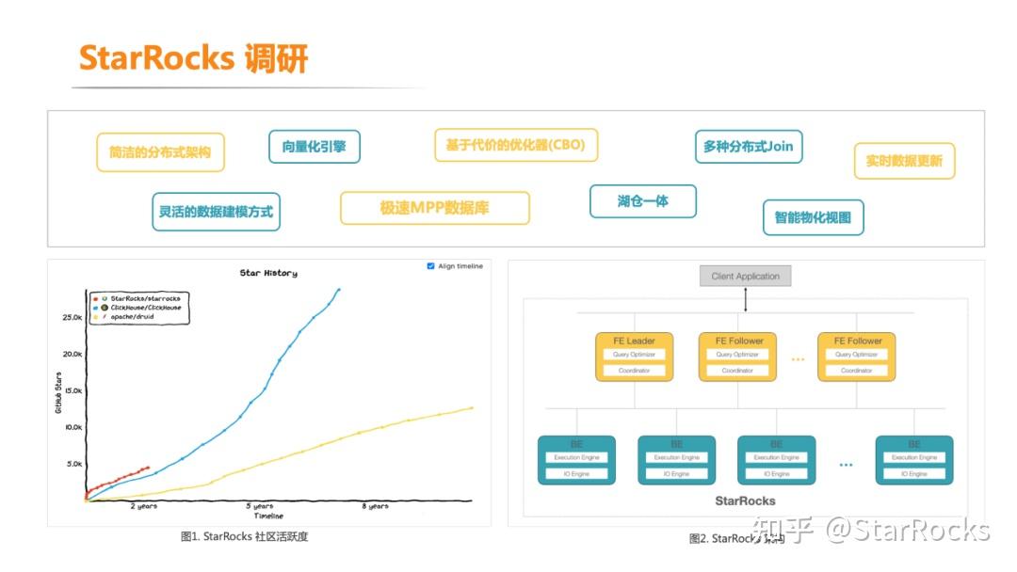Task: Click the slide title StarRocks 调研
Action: [193, 58]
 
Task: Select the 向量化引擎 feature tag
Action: [315, 147]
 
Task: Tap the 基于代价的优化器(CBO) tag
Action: [515, 145]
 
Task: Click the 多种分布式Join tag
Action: [748, 147]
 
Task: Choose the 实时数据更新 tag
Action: [904, 161]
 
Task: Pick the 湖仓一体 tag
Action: [642, 201]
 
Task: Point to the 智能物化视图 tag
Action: [813, 217]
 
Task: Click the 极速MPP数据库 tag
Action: [434, 208]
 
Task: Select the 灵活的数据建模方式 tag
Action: [216, 212]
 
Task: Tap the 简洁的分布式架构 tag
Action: [160, 152]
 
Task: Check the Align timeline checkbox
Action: [431, 266]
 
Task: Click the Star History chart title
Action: [268, 273]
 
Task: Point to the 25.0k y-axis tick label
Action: [73, 318]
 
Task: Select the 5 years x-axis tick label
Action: [262, 506]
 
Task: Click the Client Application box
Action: [745, 277]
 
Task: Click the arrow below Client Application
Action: [745, 299]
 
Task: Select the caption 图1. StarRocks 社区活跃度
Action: [244, 537]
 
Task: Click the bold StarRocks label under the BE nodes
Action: [745, 501]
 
